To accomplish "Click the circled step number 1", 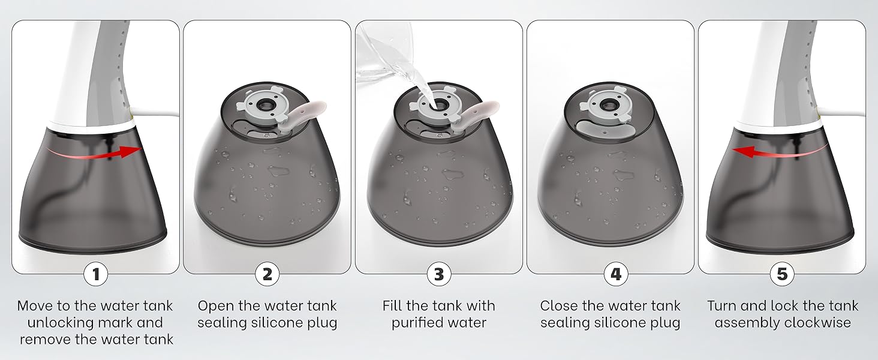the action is point(95,274).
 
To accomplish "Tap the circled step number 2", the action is point(267,274).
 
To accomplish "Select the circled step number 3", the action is point(439,274).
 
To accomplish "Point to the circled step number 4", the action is point(616,274).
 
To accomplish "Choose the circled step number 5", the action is point(782,274).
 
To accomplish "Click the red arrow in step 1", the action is point(94,155).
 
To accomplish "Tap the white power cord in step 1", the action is point(155,112).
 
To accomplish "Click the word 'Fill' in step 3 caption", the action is point(393,306).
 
